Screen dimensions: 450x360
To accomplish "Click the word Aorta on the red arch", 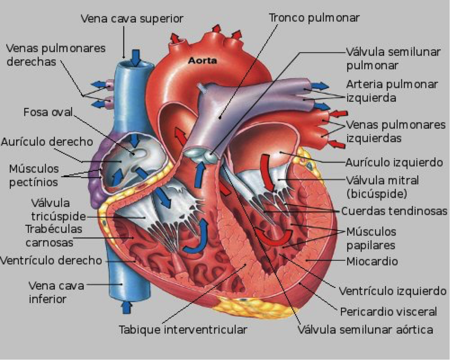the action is [203, 61].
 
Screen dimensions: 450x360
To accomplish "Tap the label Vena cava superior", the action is [132, 18].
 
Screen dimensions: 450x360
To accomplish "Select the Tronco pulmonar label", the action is [314, 17].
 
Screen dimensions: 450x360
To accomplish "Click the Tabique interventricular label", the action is [183, 330].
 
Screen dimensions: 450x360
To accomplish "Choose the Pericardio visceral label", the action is [388, 311].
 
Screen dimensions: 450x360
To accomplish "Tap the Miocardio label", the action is [372, 261].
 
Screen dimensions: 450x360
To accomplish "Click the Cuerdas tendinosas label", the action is [393, 211].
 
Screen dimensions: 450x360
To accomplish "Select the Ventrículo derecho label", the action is [51, 260].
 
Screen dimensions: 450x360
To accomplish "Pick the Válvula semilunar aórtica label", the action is [366, 330].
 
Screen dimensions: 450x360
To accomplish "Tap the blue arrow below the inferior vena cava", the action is [127, 307].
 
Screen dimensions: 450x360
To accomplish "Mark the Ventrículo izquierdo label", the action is [392, 291].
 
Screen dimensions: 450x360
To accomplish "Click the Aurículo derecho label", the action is [47, 142].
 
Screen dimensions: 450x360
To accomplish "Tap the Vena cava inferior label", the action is [55, 292].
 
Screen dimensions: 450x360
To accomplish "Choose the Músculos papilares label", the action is [371, 239].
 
